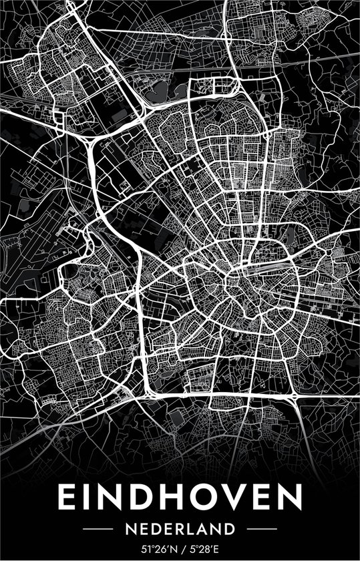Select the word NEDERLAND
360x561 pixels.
[x=180, y=529]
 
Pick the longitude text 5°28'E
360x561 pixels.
[x=203, y=549]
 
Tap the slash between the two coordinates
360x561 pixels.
[x=181, y=549]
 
